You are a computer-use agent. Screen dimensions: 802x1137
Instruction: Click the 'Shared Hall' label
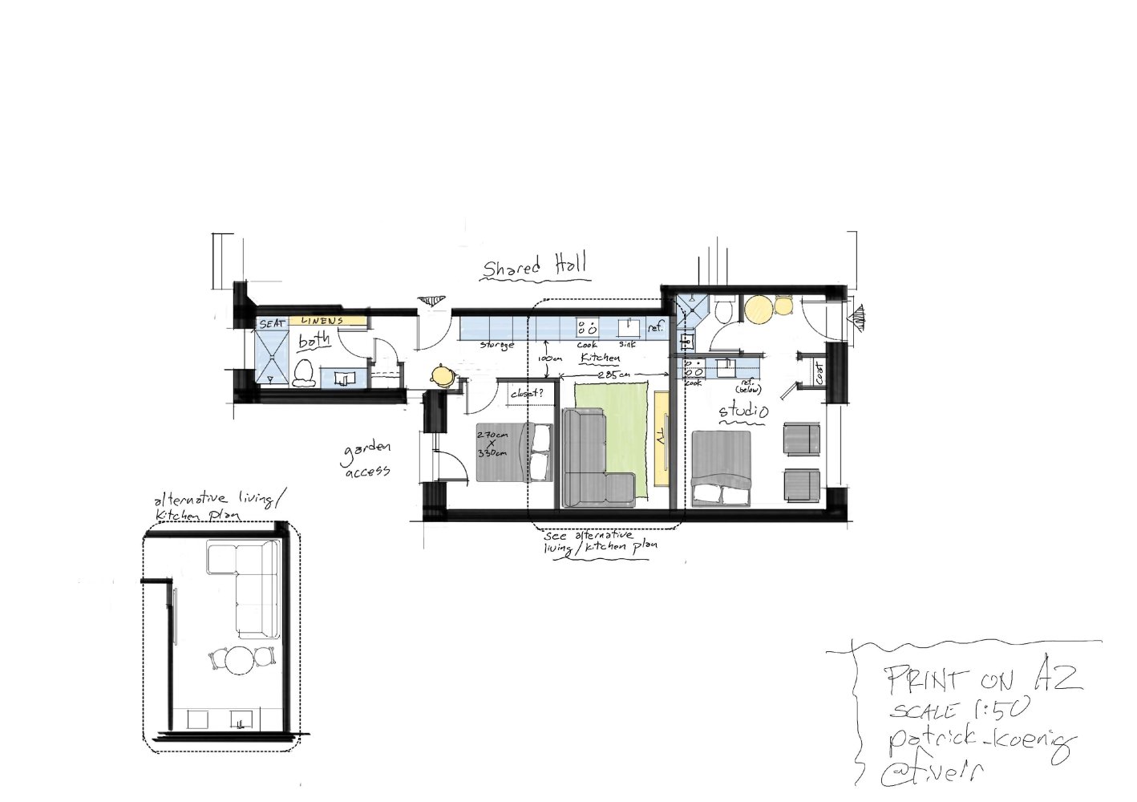click(535, 266)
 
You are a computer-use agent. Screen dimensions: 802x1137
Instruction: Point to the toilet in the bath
click(303, 373)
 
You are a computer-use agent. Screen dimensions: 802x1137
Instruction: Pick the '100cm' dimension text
click(549, 358)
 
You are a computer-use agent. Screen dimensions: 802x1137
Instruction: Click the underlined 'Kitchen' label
click(601, 358)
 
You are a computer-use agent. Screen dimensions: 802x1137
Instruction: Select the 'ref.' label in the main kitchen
click(656, 328)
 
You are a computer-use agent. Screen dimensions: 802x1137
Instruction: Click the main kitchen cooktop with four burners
click(587, 327)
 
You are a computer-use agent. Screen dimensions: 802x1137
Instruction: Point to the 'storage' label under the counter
click(496, 345)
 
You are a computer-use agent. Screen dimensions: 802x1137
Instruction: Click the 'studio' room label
click(742, 412)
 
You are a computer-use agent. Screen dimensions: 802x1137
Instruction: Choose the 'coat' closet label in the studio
click(819, 372)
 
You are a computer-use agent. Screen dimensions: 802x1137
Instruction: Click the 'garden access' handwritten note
click(367, 459)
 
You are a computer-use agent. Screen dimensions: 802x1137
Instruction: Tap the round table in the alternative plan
click(238, 662)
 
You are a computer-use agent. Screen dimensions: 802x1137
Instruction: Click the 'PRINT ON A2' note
click(984, 680)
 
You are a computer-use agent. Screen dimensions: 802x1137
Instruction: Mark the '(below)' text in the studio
click(748, 390)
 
